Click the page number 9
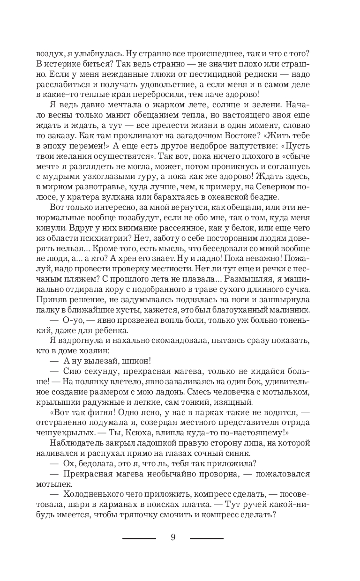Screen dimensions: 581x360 coord(173,537)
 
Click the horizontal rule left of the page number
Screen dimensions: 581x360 coord(139,538)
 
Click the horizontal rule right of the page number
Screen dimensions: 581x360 coord(207,538)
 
